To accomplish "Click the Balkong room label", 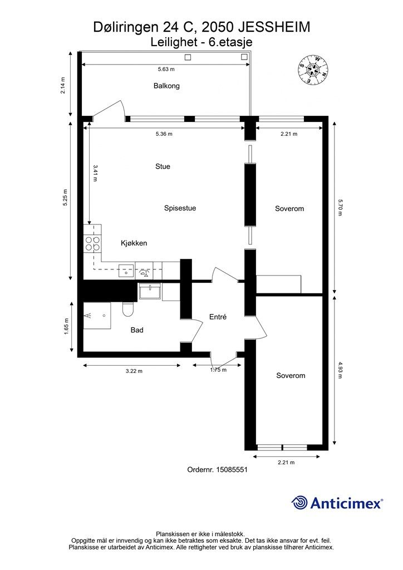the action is click(x=166, y=86).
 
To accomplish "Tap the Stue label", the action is click(x=163, y=166).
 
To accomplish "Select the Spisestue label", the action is click(x=180, y=208).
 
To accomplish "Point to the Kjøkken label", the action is click(x=134, y=243).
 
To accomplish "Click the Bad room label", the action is click(x=137, y=330).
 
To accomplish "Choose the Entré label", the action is click(x=218, y=317).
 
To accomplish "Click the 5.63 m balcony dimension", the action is click(x=166, y=69).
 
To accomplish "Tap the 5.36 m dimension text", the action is click(x=164, y=134).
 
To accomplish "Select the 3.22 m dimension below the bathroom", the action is click(x=134, y=371).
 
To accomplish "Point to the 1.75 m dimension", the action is click(x=218, y=370).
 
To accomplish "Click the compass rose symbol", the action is click(x=313, y=70).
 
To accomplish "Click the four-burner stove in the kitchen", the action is click(x=92, y=243).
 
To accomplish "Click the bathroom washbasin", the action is click(x=150, y=291).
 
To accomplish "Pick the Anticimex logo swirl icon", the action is click(x=299, y=503).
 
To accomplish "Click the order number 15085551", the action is click(x=232, y=470).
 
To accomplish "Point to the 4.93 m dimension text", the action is click(x=340, y=370).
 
